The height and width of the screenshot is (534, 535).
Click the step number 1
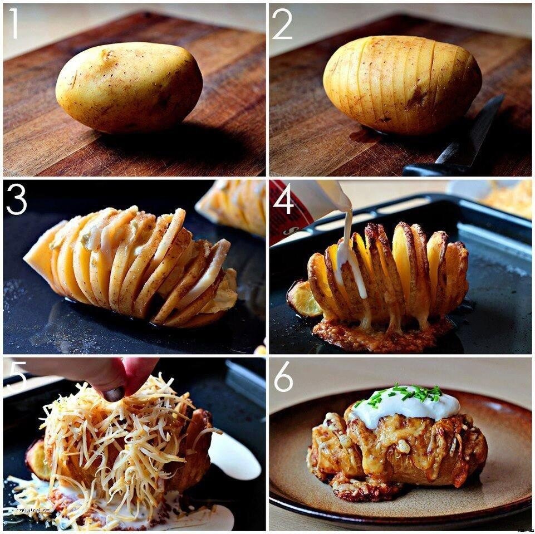13,24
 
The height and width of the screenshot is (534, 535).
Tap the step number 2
282,24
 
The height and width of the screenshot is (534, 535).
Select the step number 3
16,200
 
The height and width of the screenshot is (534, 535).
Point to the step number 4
283,200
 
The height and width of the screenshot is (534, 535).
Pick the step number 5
17,376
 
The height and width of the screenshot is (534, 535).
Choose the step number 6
283,378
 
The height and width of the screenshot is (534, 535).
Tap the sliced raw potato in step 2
402,85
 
